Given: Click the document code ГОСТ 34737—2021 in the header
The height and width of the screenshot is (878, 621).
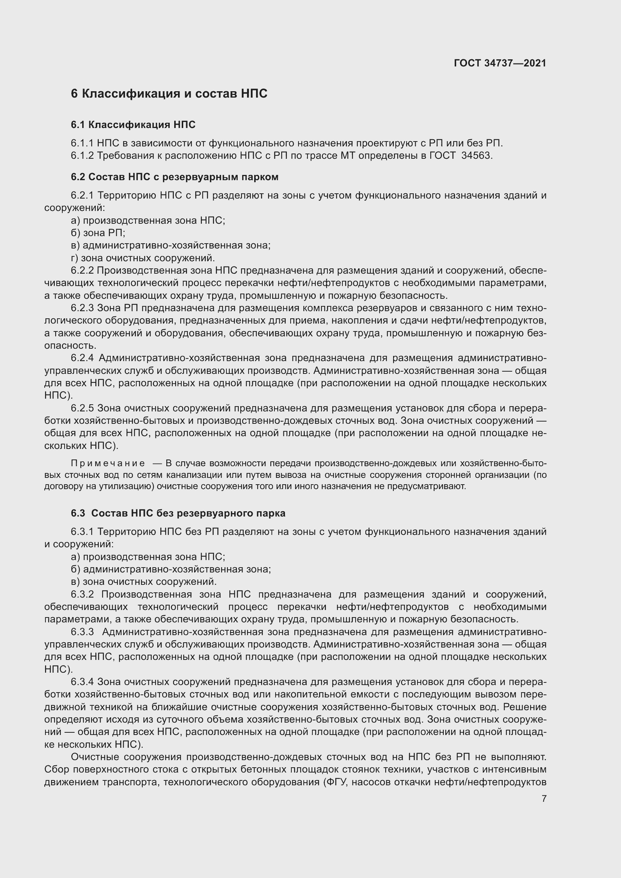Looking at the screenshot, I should [x=500, y=63].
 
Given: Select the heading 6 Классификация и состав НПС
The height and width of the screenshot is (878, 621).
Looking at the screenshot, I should [x=169, y=94].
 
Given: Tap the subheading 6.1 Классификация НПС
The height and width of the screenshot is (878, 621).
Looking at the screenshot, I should [x=133, y=125].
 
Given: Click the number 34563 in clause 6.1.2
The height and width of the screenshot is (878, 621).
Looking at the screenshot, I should [x=476, y=156].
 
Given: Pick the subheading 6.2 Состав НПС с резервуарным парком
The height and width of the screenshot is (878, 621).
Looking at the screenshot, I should [x=174, y=177].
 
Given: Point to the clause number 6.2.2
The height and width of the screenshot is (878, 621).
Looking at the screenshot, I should [x=82, y=271].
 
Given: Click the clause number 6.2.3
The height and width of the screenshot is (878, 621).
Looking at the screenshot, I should [x=82, y=308].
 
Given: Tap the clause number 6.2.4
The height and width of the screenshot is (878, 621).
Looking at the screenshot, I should [x=82, y=358].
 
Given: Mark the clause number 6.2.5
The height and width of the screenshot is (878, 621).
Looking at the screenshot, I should [x=82, y=408].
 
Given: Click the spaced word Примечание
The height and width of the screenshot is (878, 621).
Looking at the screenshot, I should [x=108, y=464].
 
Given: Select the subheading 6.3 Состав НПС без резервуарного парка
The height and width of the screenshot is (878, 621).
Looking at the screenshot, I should [x=178, y=513].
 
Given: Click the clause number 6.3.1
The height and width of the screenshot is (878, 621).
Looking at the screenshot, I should [x=82, y=532].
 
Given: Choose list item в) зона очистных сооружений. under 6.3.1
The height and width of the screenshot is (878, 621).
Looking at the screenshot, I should [x=144, y=581].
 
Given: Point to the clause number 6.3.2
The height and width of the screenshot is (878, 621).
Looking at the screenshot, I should [x=82, y=594].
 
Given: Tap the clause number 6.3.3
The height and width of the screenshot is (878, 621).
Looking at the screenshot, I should [x=82, y=632].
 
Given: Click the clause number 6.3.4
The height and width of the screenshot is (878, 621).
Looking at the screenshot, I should [x=82, y=682].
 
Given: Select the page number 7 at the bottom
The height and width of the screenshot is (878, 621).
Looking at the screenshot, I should [x=544, y=799].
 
